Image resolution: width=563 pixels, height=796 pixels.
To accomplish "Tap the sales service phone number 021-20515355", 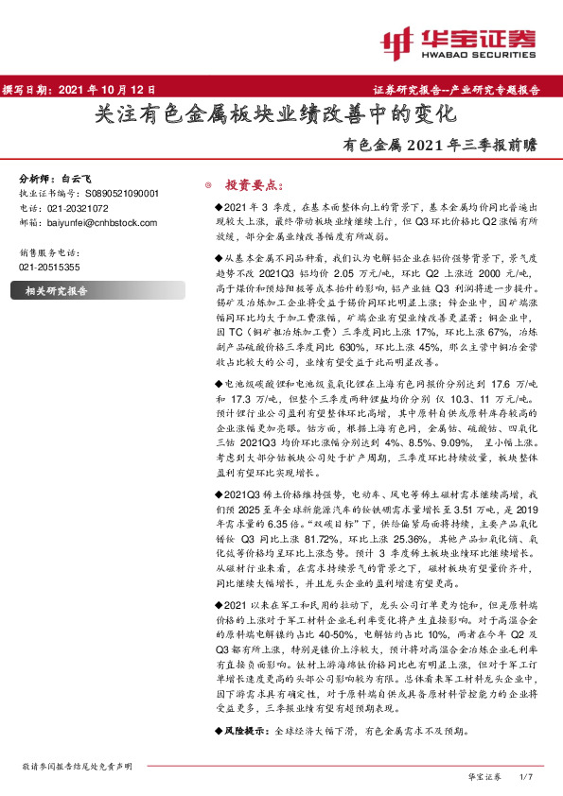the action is [49, 268].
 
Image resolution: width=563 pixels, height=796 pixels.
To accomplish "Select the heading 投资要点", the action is [250, 185].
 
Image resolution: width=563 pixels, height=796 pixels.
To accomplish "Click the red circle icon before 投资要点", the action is [210, 185].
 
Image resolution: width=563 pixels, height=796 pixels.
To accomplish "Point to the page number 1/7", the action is [527, 775].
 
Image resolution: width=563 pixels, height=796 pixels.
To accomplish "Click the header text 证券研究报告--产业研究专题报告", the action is [463, 91].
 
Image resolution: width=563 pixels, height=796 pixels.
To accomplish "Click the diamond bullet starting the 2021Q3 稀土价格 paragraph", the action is [218, 494].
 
